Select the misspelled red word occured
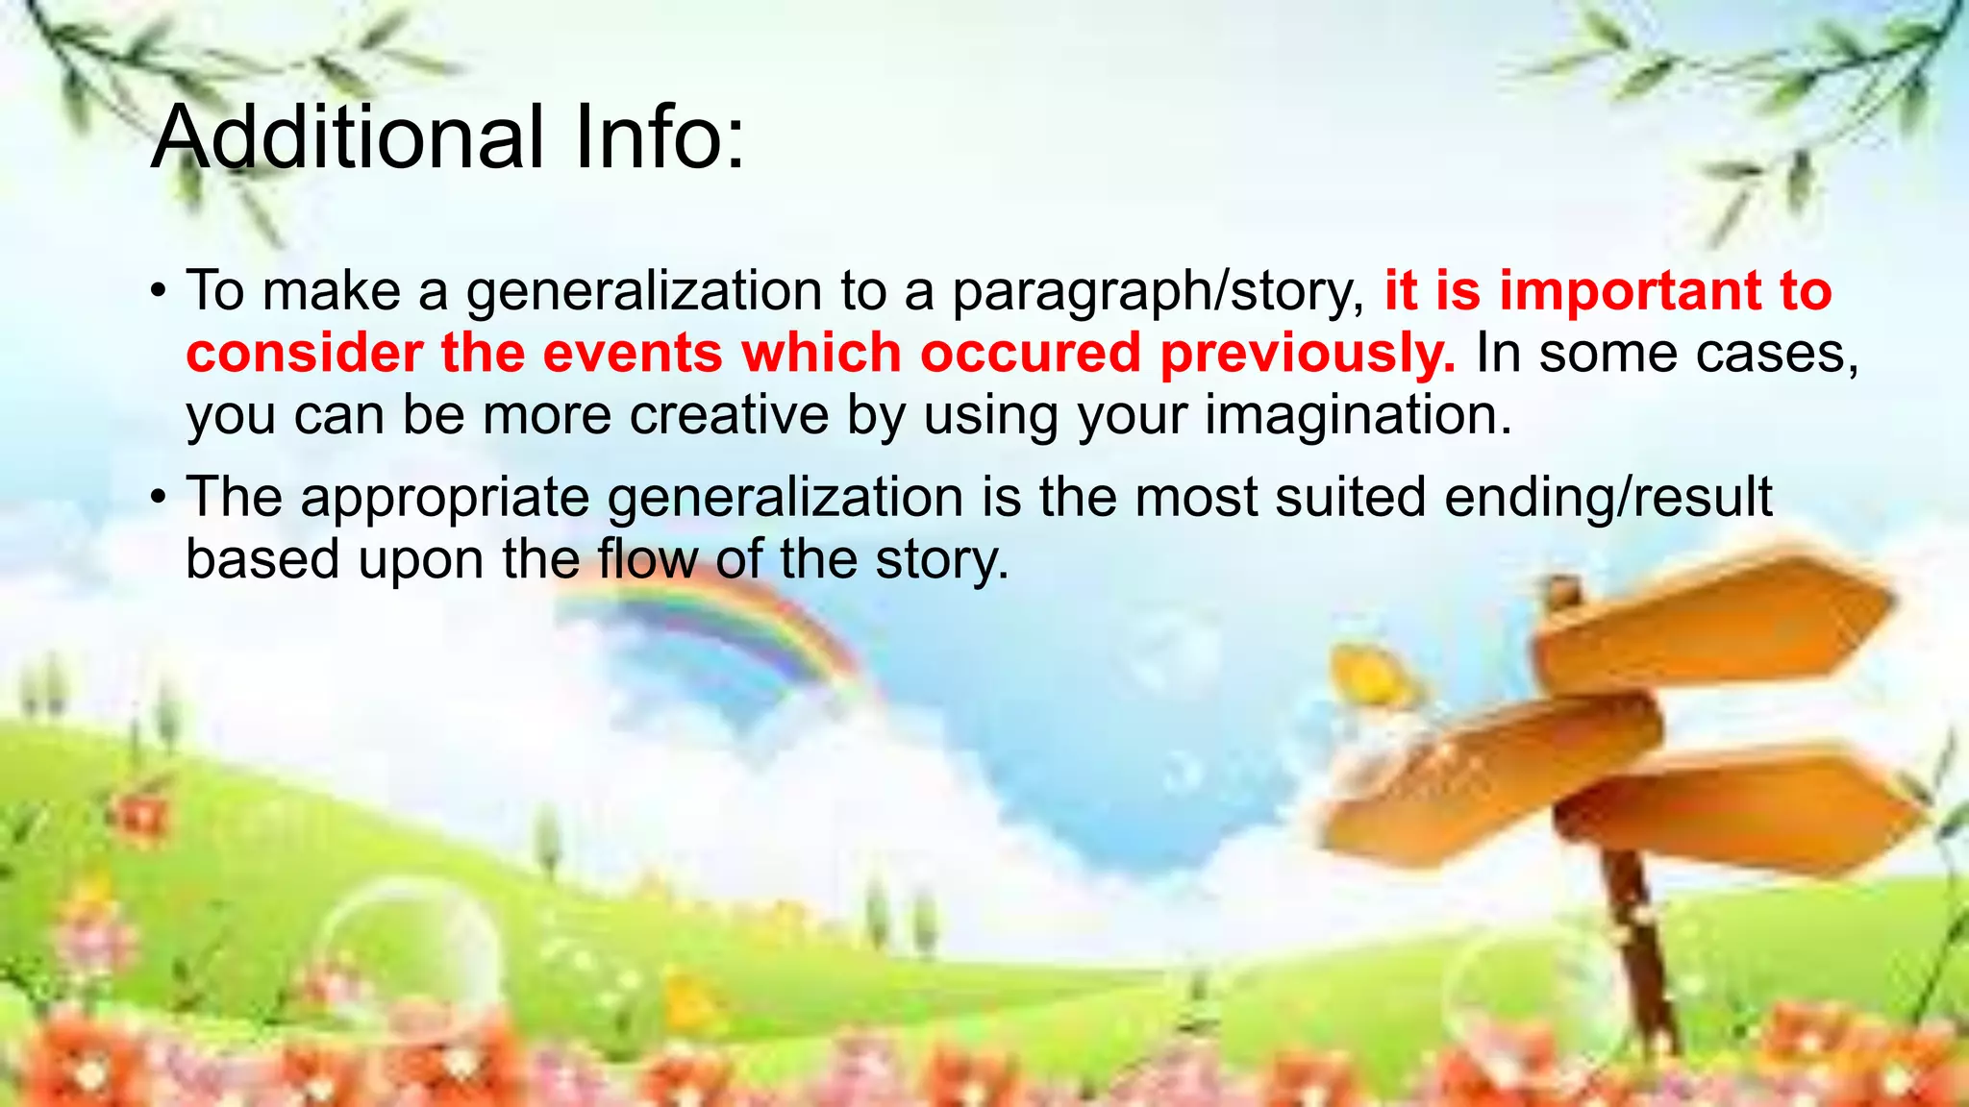coord(1030,353)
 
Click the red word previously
coord(1308,355)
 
